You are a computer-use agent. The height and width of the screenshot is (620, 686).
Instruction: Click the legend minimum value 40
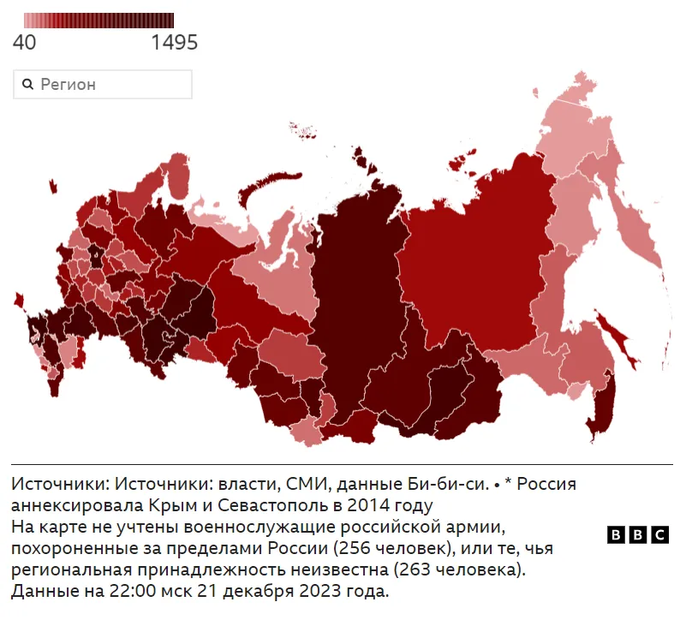tap(24, 42)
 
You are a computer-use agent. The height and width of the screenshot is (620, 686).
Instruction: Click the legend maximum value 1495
tap(174, 42)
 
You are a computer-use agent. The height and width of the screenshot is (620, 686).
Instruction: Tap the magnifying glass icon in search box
tap(27, 84)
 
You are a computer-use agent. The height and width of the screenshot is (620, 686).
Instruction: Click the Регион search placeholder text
tap(69, 84)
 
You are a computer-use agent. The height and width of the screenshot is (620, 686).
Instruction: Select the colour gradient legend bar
tap(98, 21)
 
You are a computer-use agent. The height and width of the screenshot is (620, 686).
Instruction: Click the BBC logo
tap(637, 534)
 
